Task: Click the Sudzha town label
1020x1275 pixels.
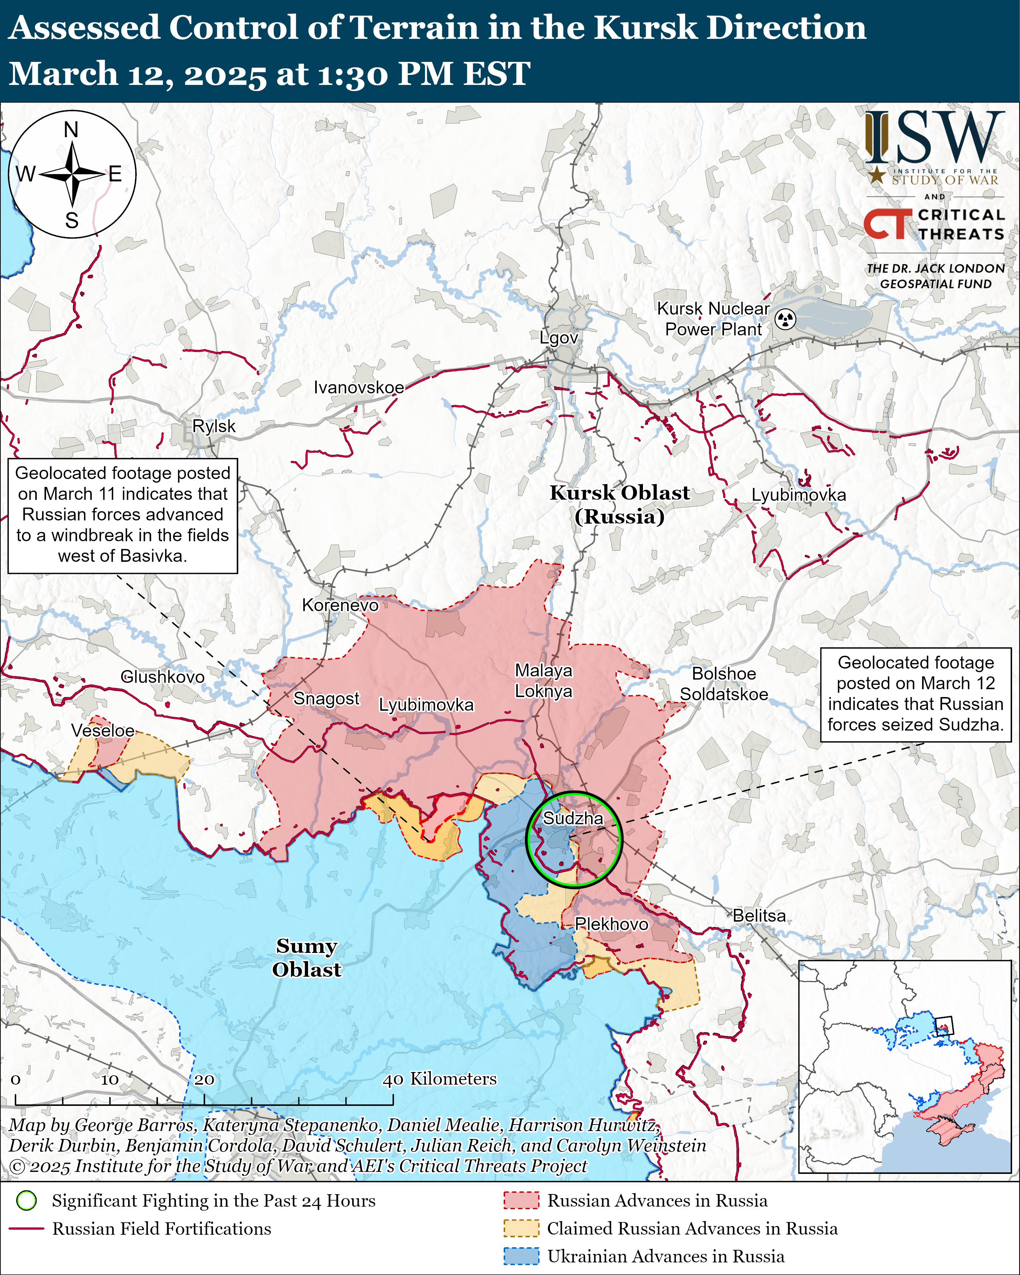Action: (x=572, y=818)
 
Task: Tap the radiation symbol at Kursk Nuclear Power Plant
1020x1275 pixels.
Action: (x=785, y=319)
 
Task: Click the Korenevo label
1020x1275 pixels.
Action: (x=340, y=605)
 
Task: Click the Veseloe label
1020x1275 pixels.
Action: (x=103, y=731)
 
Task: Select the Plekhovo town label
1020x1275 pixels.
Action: (x=611, y=924)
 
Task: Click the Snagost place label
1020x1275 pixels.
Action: (x=326, y=698)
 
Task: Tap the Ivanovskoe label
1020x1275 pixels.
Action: (x=359, y=387)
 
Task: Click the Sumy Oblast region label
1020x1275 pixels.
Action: (x=306, y=958)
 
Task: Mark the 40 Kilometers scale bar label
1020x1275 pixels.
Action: (x=439, y=1079)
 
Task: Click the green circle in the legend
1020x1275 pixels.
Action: (x=27, y=1201)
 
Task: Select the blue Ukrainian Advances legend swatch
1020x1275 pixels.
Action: (x=521, y=1257)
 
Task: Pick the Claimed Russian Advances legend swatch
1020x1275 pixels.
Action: (x=521, y=1229)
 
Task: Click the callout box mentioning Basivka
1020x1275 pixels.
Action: (x=122, y=516)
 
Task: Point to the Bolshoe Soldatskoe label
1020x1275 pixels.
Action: (x=724, y=684)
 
